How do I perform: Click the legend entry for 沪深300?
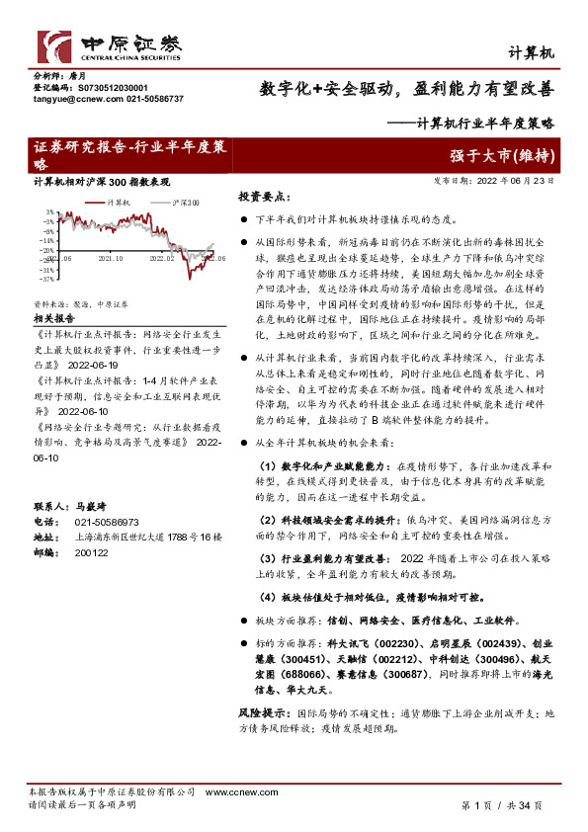coord(184,203)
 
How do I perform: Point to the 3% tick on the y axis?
coord(49,212)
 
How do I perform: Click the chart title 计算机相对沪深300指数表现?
coord(102,183)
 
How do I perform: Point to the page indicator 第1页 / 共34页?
coord(502,806)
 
